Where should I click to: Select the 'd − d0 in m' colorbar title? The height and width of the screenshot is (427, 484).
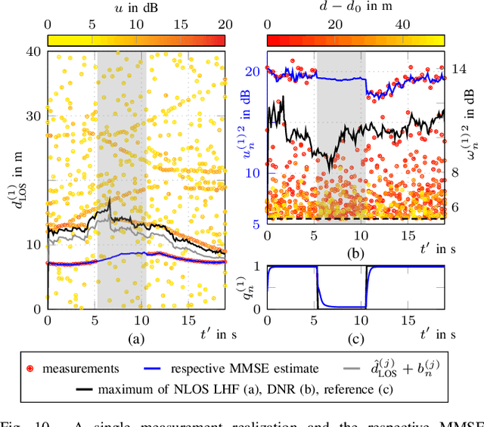click(356, 8)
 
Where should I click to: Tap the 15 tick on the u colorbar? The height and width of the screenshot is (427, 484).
click(181, 23)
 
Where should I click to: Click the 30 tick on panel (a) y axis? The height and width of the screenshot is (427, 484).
click(33, 116)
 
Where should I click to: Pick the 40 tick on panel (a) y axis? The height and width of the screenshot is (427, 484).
click(33, 51)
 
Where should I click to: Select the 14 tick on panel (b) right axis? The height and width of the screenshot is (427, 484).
click(459, 68)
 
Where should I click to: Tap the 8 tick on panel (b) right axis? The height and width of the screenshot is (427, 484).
click(455, 172)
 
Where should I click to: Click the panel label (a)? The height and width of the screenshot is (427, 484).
click(136, 339)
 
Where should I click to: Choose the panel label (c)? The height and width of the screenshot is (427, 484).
click(356, 339)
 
